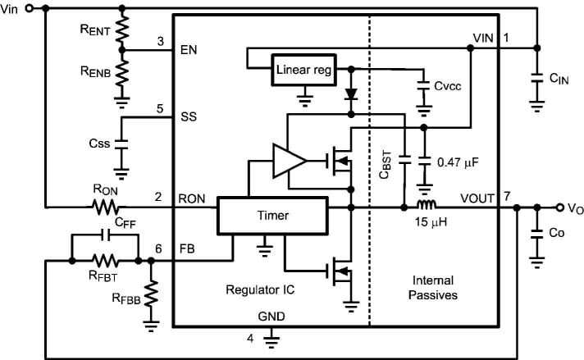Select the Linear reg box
click(303, 71)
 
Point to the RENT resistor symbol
click(122, 30)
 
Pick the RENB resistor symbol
click(122, 73)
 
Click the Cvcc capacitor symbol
click(423, 85)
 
